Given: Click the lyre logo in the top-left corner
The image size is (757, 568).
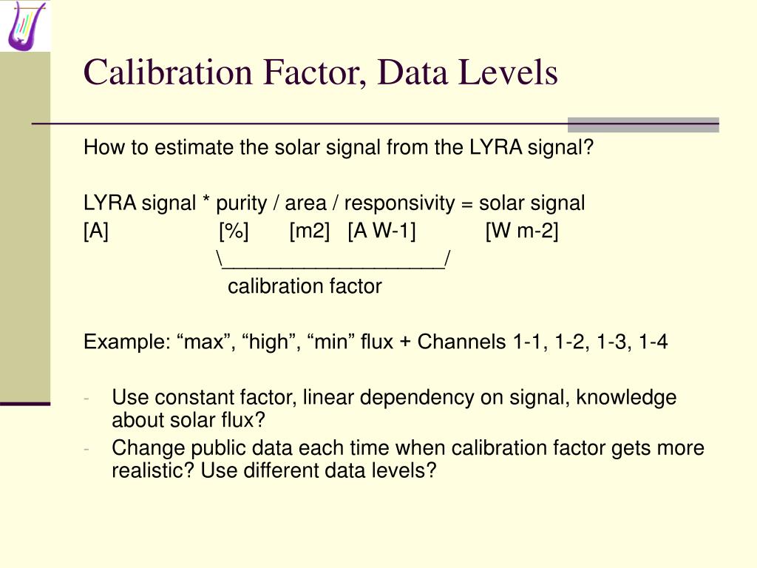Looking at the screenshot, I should [24, 25].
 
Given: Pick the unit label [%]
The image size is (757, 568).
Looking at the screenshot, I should [234, 231].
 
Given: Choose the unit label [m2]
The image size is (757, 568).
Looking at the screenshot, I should [310, 231].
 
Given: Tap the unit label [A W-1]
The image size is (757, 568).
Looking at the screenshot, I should [381, 231].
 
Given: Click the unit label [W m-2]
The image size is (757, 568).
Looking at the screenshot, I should [522, 231].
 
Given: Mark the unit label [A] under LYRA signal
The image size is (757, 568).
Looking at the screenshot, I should [96, 231].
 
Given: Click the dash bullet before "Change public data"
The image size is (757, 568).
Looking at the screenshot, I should [86, 448].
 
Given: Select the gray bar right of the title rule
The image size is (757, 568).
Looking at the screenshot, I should [643, 124].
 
